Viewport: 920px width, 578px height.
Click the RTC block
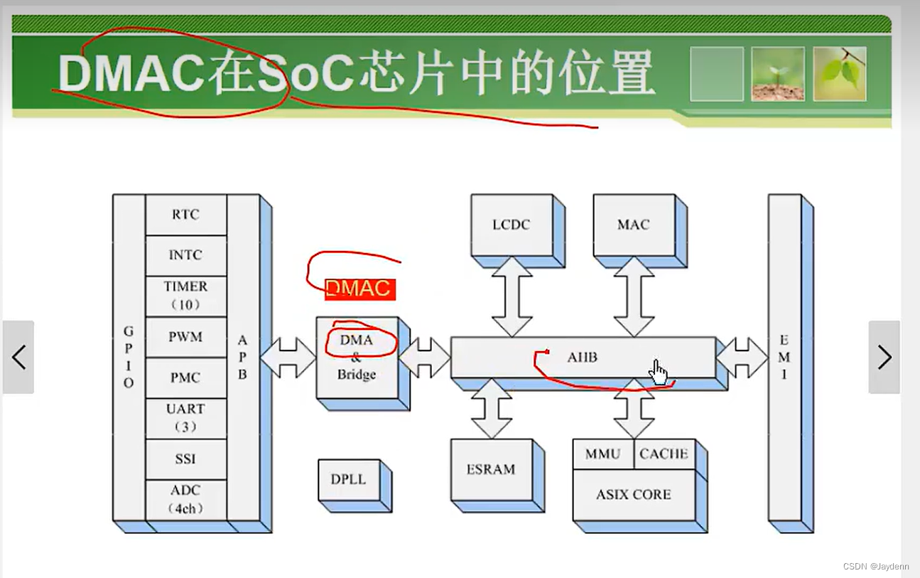tap(185, 215)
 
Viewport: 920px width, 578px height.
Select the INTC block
tap(185, 255)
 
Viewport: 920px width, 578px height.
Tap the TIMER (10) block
tap(185, 296)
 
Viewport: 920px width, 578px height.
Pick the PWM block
tap(185, 337)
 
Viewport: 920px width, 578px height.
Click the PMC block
tap(185, 378)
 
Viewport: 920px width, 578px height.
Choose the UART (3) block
tap(185, 418)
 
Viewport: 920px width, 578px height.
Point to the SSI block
tap(185, 459)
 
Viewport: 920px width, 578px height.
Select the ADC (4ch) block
tap(185, 499)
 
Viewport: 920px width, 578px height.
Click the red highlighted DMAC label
tap(359, 289)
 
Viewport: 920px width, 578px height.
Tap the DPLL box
tap(348, 480)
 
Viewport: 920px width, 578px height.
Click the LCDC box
tap(512, 225)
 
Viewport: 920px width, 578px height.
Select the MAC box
tap(633, 225)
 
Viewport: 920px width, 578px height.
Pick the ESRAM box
tap(491, 470)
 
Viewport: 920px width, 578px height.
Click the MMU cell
tap(603, 454)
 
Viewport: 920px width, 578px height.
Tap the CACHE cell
tap(664, 454)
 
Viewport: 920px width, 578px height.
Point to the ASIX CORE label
tap(633, 495)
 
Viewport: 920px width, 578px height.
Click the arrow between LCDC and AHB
tap(512, 296)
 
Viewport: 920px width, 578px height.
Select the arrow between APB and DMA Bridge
tap(288, 358)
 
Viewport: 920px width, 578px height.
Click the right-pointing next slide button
tap(884, 357)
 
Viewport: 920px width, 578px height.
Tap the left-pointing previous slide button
tap(18, 357)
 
